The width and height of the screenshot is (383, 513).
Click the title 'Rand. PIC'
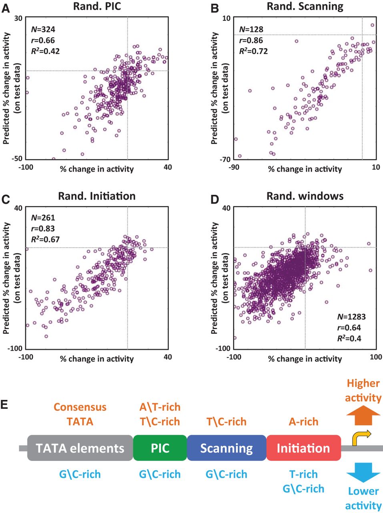tap(97, 6)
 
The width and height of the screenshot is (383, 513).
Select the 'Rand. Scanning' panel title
tap(305, 6)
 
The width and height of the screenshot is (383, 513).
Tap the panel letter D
tap(215, 199)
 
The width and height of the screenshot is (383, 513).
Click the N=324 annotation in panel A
tap(43, 29)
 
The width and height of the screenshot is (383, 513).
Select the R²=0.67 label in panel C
tap(46, 240)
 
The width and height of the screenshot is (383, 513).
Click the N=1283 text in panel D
tap(351, 317)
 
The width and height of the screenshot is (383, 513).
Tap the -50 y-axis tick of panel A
tap(18, 158)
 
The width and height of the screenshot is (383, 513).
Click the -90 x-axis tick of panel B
tap(234, 167)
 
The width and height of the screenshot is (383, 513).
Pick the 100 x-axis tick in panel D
tap(376, 357)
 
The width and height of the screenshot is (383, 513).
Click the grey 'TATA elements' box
tap(80, 448)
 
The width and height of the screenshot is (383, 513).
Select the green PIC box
tap(160, 448)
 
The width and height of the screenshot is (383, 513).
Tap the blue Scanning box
tap(227, 448)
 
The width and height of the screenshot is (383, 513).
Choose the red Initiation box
tap(303, 448)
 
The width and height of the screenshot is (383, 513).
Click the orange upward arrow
tap(363, 415)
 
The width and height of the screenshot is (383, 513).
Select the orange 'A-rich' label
tap(303, 422)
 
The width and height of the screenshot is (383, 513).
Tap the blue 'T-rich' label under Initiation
tap(303, 475)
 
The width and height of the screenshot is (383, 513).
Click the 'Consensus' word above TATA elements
tap(80, 407)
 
